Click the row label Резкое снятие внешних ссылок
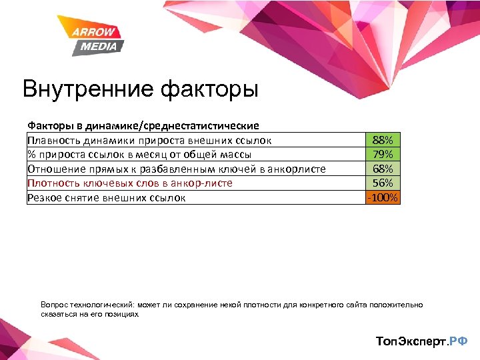107,197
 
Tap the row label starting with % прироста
139,155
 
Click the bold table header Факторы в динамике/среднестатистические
143,125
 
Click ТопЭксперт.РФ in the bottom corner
421,341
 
